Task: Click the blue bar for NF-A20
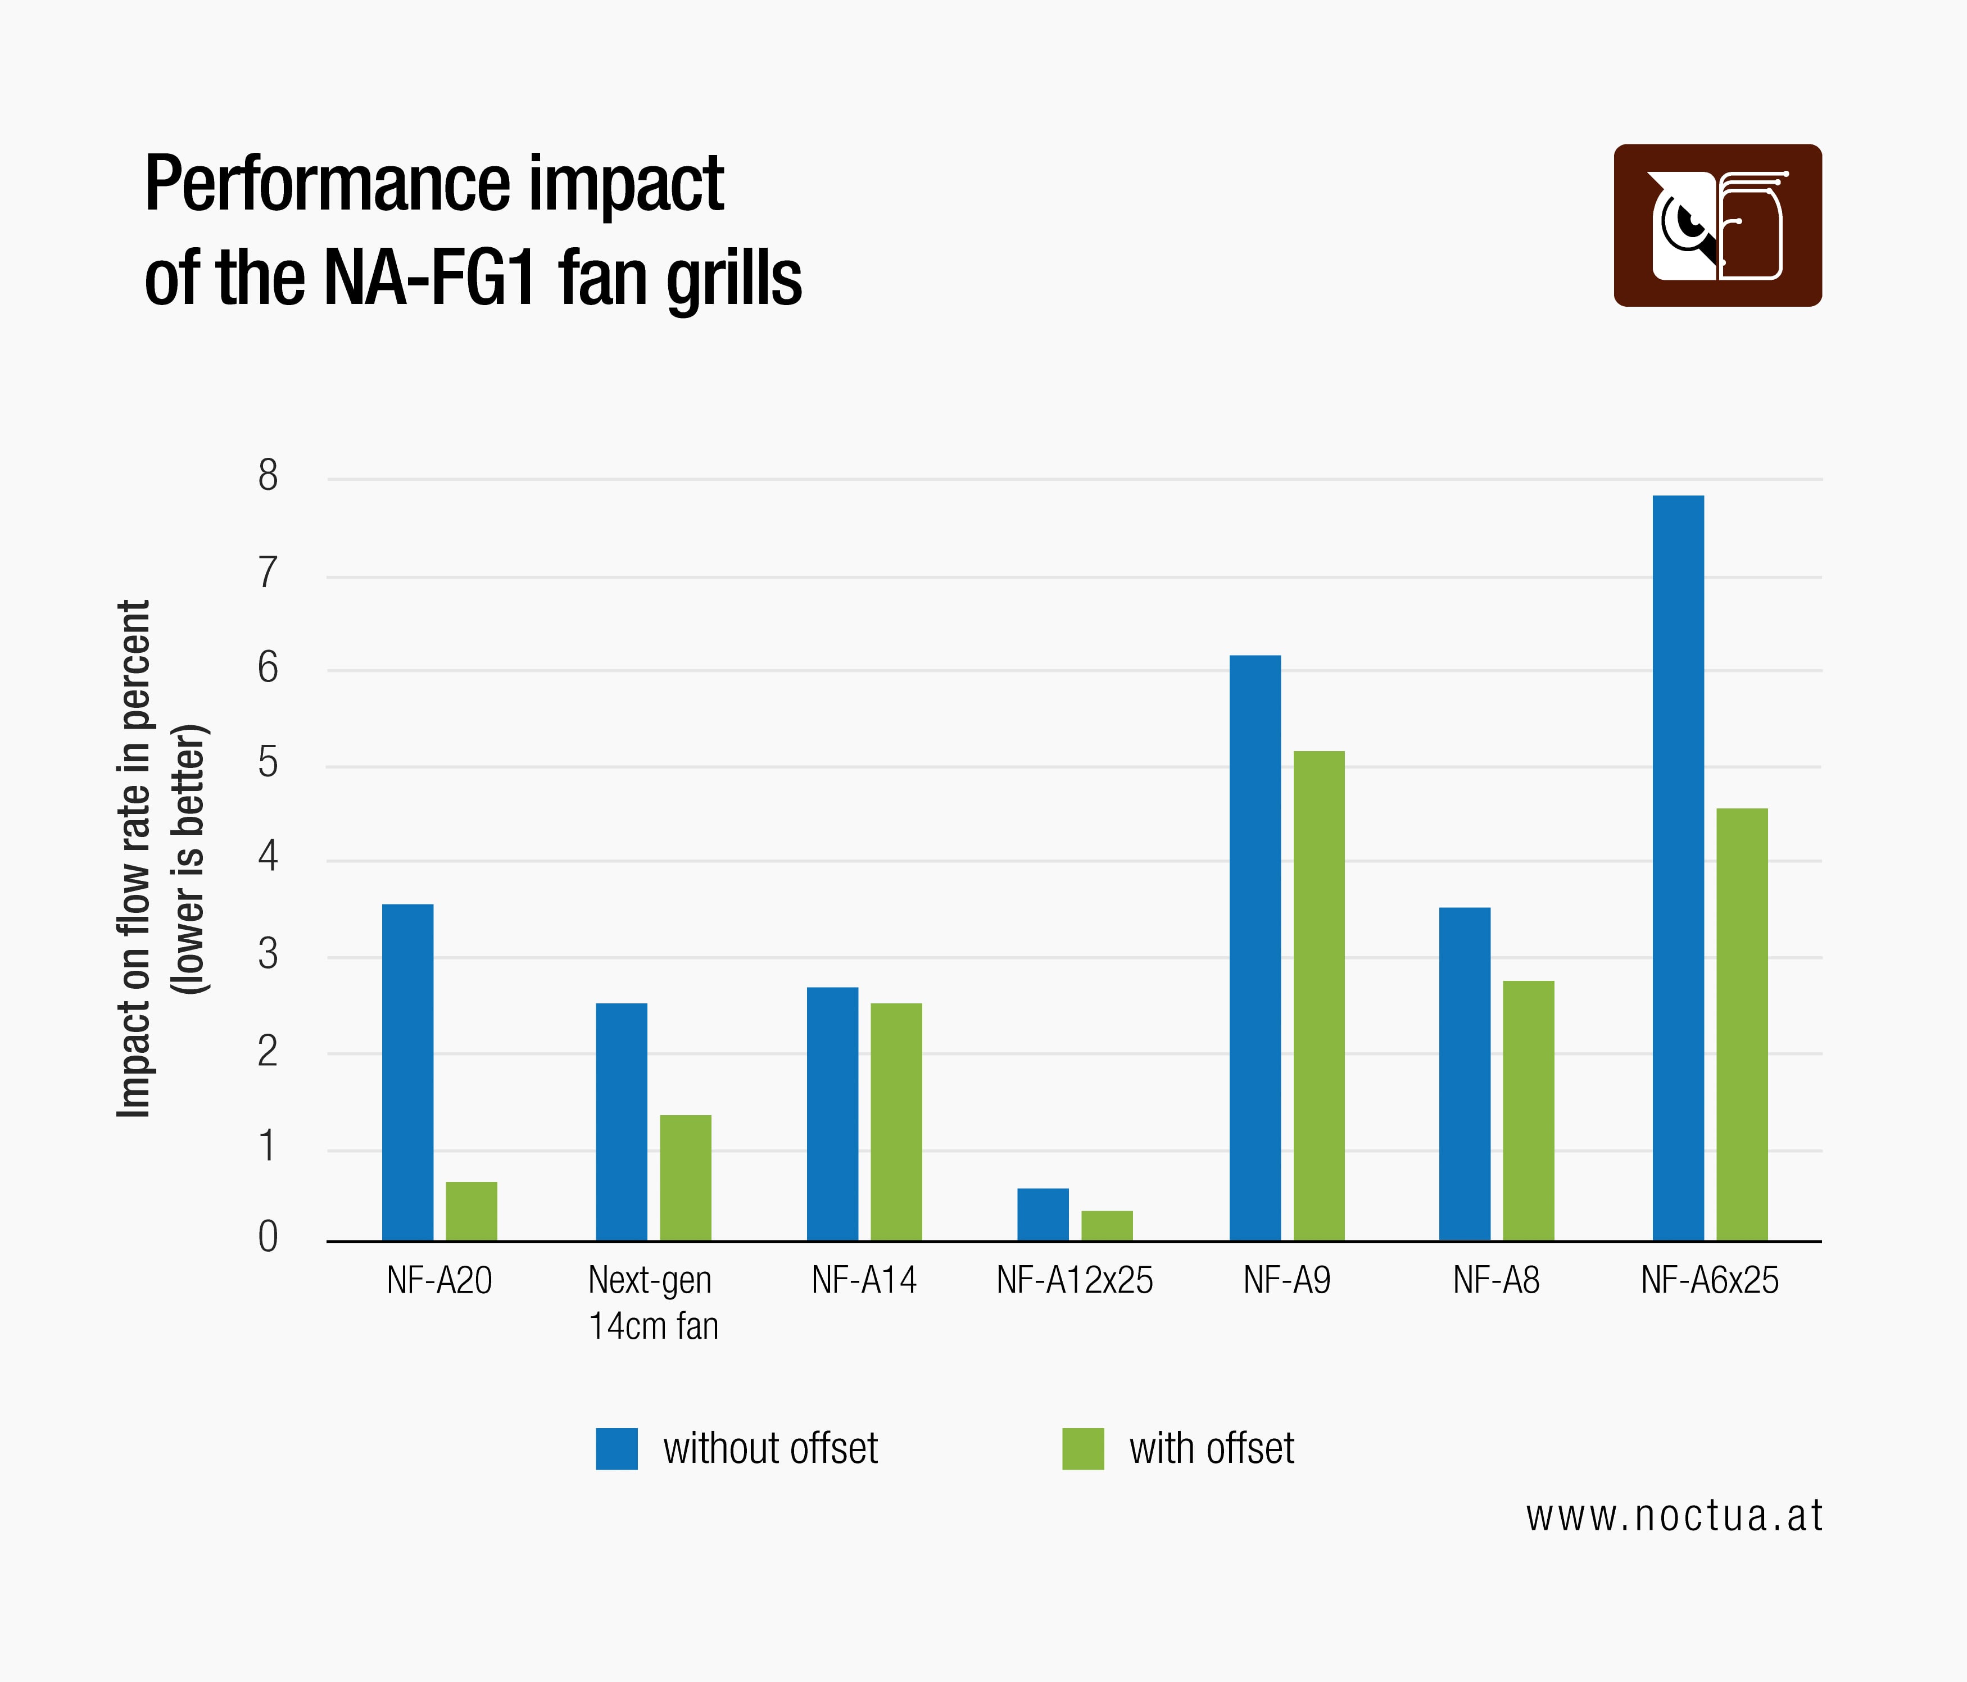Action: pos(407,1072)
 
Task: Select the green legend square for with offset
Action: pos(1082,1448)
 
